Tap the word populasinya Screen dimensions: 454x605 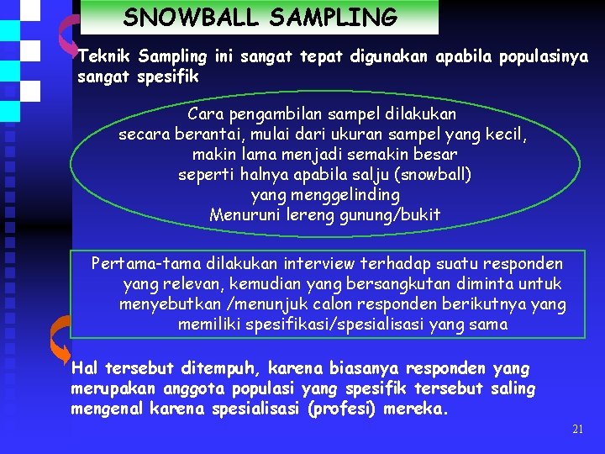(544, 57)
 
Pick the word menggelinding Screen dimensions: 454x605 (324, 195)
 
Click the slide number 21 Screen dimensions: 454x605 (577, 430)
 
